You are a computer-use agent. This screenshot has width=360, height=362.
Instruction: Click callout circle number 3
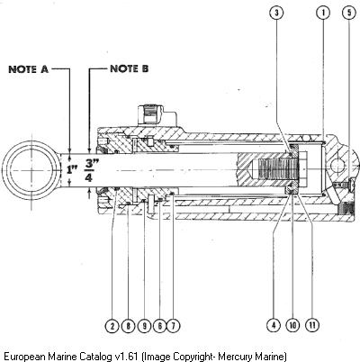276,13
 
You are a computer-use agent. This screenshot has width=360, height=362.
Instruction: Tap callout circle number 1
323,13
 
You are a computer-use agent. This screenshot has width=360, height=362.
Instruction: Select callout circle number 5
349,13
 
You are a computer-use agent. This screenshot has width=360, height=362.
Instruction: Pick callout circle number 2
112,326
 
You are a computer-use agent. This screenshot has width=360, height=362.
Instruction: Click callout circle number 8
129,326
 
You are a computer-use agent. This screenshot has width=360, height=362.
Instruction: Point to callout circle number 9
144,326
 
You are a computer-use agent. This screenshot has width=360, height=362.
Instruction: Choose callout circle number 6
159,326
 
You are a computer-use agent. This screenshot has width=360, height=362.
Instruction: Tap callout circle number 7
173,326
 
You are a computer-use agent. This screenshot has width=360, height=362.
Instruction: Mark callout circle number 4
274,325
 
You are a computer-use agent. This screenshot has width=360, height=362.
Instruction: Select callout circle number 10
292,325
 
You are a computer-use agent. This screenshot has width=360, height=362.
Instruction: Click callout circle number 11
312,325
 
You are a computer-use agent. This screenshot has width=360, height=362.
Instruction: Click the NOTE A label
28,69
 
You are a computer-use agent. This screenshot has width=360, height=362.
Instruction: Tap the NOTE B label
130,68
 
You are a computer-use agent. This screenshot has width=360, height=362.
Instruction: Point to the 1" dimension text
72,169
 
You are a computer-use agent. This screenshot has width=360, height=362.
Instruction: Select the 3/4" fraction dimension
89,170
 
